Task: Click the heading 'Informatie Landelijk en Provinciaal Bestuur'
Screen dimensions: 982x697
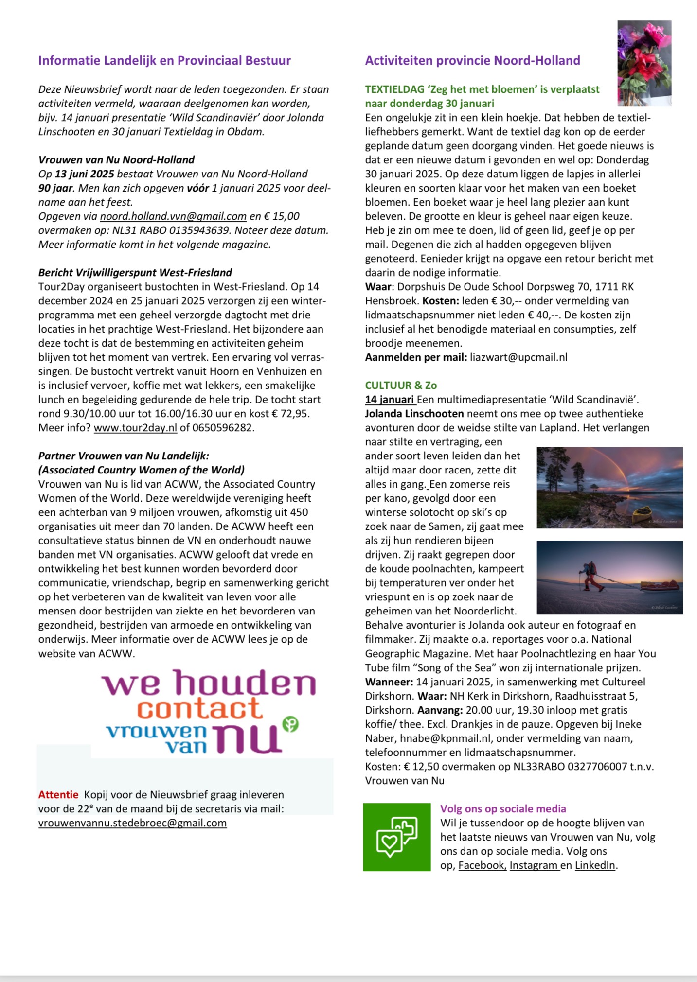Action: click(x=164, y=60)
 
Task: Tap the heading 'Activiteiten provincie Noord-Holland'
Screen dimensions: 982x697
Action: click(x=472, y=60)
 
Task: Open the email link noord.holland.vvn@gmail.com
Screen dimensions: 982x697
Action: click(x=173, y=216)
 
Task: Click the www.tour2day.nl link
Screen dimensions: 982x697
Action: click(x=135, y=428)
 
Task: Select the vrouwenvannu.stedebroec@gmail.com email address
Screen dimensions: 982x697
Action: click(x=132, y=823)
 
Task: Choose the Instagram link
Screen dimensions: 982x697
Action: click(x=534, y=865)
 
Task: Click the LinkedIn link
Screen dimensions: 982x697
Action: click(x=595, y=865)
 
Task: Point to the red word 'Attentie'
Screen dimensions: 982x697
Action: click(x=58, y=795)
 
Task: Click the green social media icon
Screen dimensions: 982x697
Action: click(x=396, y=837)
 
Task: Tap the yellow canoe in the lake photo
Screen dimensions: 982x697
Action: click(x=642, y=514)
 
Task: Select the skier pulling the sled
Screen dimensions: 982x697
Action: click(x=590, y=576)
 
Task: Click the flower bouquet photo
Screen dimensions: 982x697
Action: click(x=644, y=63)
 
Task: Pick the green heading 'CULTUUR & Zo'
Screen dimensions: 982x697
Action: click(x=401, y=386)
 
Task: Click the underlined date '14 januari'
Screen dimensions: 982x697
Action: click(x=390, y=400)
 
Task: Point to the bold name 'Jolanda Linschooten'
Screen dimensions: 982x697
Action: click(x=414, y=414)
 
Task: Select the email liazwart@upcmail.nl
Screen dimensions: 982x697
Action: click(x=518, y=357)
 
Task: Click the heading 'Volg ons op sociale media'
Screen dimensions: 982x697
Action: click(x=503, y=809)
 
